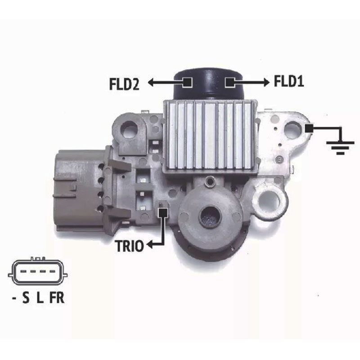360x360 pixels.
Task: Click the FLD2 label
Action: [124, 84]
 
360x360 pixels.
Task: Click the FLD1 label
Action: [289, 81]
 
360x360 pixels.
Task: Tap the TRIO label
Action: [130, 246]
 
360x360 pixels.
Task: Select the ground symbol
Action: [340, 148]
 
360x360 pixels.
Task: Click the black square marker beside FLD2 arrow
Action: [188, 82]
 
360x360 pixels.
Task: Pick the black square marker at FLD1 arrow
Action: [229, 82]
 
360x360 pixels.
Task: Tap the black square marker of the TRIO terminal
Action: [163, 212]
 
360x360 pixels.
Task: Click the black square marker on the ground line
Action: [309, 128]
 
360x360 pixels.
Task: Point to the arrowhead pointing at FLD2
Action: [151, 82]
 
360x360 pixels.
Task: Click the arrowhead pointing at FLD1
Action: [266, 82]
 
